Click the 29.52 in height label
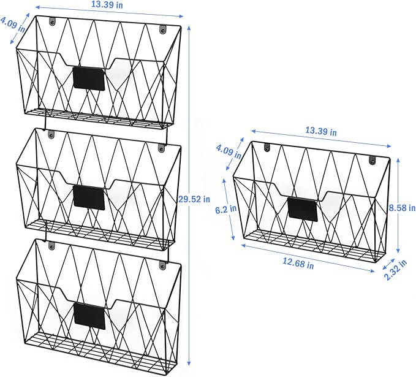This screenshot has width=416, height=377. pos(194,199)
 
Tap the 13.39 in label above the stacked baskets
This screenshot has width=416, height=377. pos(107,4)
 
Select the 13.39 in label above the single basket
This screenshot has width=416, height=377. pos(321,131)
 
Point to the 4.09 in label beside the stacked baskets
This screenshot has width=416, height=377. pos(13,25)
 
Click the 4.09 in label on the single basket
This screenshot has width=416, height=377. pos(229,152)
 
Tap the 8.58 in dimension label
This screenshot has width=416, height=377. pos(402,208)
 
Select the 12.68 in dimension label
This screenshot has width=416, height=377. pos(298,264)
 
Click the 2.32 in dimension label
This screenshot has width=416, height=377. pos(395,270)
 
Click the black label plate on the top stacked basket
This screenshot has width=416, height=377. pos(89,78)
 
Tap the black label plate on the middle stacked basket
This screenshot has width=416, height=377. pos(89,197)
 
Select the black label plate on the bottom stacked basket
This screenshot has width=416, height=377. pos(89,316)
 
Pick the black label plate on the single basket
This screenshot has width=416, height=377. pos(303,209)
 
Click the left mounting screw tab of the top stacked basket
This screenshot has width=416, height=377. pos(53,21)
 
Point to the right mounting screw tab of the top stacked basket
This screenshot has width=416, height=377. pos(162,29)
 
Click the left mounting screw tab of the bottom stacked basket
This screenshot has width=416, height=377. pos(51,246)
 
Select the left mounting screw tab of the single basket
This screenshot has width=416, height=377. pos(267,147)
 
